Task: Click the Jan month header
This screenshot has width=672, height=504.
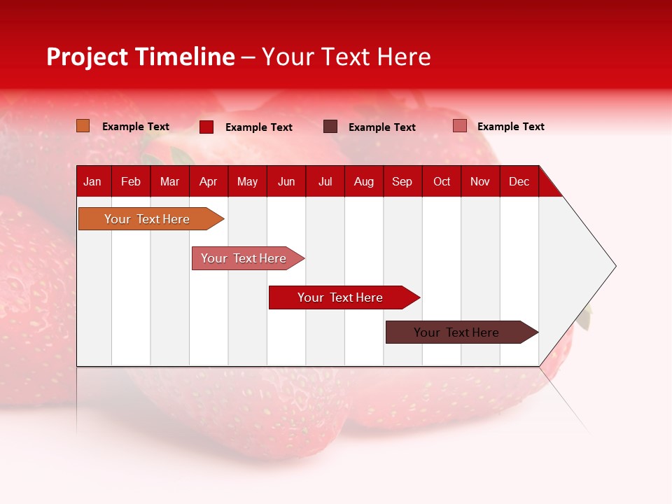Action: (x=92, y=181)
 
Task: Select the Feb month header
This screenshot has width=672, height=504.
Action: (x=131, y=181)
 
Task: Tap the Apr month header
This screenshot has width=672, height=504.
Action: (x=208, y=181)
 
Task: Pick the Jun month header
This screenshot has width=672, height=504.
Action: (x=286, y=181)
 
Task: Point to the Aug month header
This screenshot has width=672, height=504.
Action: (x=363, y=181)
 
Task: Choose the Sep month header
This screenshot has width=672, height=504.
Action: (x=402, y=181)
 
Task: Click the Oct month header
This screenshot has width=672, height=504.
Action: (x=442, y=181)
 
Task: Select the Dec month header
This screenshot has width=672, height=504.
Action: (x=519, y=181)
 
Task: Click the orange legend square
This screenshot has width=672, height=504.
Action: (x=83, y=126)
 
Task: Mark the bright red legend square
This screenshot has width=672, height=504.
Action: (x=206, y=127)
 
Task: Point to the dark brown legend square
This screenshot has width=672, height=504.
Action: (x=330, y=127)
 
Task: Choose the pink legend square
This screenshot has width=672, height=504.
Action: (x=459, y=126)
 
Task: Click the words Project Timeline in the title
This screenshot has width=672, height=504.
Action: (x=141, y=57)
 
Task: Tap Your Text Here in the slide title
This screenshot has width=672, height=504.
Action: (x=346, y=57)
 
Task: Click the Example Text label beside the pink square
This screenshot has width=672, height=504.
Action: (x=510, y=127)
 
